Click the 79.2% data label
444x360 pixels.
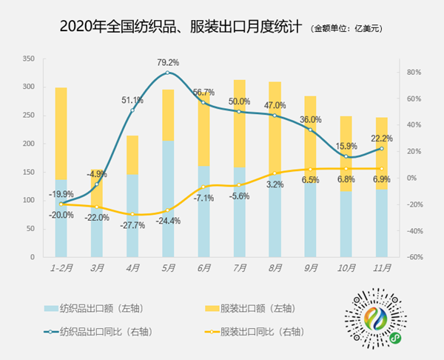coord(168,62)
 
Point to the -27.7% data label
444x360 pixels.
coord(132,225)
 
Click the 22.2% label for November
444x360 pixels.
coord(382,139)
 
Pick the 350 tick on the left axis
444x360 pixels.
coord(28,59)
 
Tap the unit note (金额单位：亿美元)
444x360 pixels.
coord(348,30)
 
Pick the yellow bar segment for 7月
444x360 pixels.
coord(240,123)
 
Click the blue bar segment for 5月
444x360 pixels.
coord(169,199)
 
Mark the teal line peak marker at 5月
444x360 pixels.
coord(169,73)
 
